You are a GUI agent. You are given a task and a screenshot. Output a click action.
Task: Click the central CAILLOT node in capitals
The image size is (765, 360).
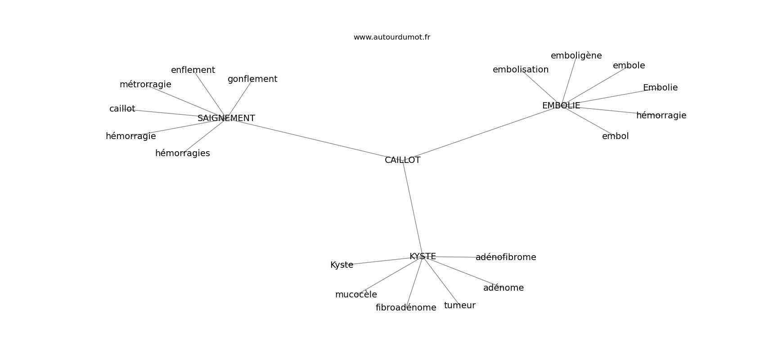[402, 160]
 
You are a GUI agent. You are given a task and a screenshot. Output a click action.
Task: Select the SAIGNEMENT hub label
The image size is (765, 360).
[226, 118]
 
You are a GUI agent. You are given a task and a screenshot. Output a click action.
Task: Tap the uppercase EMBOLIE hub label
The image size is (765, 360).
[561, 106]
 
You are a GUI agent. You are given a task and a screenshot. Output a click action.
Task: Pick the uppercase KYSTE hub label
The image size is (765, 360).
[423, 256]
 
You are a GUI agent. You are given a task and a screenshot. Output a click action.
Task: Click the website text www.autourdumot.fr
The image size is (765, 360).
[391, 37]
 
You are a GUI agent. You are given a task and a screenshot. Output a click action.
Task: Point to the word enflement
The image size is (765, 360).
[193, 70]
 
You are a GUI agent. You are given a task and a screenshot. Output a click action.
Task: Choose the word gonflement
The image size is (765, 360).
[252, 79]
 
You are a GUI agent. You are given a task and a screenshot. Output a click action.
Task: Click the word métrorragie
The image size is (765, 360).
[145, 84]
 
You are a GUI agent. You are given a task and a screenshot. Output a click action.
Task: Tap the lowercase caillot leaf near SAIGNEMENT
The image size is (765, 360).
[122, 108]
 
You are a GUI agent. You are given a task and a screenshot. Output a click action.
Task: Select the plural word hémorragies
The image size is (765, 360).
[183, 153]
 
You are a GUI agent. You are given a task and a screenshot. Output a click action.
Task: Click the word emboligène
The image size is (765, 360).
[576, 56]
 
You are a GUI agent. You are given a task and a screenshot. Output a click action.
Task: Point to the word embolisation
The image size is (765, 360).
[521, 70]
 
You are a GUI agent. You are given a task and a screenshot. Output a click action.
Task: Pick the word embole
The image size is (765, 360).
[629, 65]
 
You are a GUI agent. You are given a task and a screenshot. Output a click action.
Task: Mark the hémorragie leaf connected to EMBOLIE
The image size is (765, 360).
[661, 116]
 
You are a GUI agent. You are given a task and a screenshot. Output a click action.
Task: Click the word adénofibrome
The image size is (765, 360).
[506, 257]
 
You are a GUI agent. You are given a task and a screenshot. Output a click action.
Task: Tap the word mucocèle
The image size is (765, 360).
[356, 294]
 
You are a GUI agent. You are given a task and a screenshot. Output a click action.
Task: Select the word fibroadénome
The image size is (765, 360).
[406, 308]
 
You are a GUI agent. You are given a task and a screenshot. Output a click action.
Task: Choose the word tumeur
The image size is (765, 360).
[460, 306]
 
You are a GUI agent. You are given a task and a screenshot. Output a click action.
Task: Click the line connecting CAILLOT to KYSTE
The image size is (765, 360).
[413, 208]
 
